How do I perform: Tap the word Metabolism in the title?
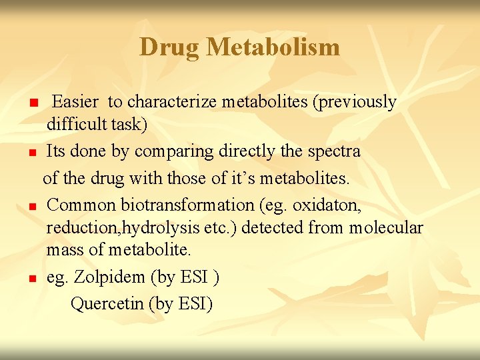273,47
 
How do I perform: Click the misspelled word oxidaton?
327,204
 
